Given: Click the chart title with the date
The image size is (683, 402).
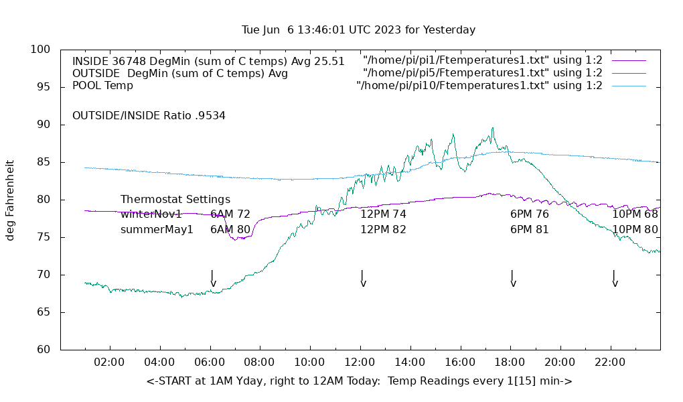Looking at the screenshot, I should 359,30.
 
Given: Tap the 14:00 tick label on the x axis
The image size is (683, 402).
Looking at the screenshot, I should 410,362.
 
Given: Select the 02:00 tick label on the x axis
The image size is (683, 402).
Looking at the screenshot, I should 109,362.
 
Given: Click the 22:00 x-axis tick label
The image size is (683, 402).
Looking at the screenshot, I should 610,362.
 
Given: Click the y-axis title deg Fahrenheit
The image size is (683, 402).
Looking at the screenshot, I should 11,200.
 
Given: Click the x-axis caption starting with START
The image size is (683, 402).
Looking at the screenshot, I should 359,381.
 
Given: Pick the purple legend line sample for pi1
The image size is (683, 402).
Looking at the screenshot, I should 628,60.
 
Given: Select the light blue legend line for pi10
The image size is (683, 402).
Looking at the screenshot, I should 628,86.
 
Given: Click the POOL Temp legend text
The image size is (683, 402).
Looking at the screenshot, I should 102,86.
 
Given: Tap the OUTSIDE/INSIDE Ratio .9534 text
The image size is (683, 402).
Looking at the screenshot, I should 149,115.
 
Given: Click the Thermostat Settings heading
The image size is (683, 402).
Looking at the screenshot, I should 175,200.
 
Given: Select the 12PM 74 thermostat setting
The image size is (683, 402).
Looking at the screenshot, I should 383,214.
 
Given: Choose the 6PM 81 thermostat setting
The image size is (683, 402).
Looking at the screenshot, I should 529,229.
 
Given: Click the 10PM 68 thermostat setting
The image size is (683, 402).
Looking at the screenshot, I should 635,214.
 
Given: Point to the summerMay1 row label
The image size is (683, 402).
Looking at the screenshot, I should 157,229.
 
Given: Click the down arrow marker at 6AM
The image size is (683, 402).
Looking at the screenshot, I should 212,279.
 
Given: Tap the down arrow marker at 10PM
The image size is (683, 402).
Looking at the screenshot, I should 614,279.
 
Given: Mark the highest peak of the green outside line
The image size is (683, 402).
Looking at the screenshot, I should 493,129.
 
